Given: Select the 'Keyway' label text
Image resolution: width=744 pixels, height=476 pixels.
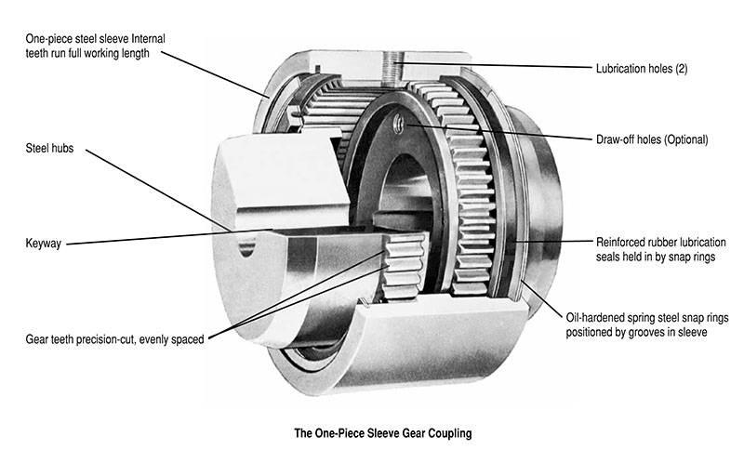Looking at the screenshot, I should [x=44, y=244].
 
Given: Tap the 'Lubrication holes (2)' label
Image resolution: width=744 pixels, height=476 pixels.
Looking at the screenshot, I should [x=642, y=68].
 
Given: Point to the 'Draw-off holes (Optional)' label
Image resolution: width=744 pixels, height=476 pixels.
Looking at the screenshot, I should [x=652, y=139].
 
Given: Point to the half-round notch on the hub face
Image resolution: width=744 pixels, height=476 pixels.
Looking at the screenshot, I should [x=246, y=247].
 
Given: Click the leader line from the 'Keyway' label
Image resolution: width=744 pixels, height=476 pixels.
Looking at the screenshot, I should [x=167, y=237].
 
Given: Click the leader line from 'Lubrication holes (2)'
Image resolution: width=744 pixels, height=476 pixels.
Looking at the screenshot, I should [x=502, y=66].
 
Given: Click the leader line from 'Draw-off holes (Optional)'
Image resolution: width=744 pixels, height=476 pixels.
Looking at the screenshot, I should [x=502, y=133].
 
